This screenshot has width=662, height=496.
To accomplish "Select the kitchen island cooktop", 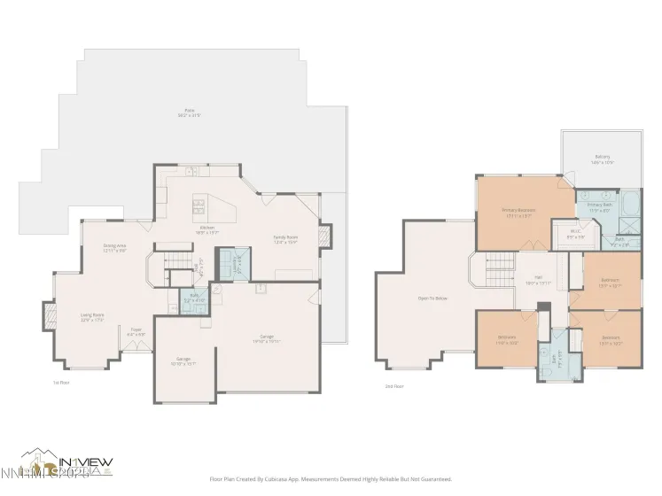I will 200,206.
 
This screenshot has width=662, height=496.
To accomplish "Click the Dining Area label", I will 115,248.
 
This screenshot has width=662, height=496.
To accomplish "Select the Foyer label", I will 136,331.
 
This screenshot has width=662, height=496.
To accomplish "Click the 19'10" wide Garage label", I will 266,338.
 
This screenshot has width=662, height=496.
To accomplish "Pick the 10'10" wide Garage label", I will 183,360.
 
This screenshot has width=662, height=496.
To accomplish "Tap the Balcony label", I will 603,161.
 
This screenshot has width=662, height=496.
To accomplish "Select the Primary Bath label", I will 599,207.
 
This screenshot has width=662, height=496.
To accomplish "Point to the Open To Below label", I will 432,298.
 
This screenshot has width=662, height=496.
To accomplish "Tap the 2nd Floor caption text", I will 393,387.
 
